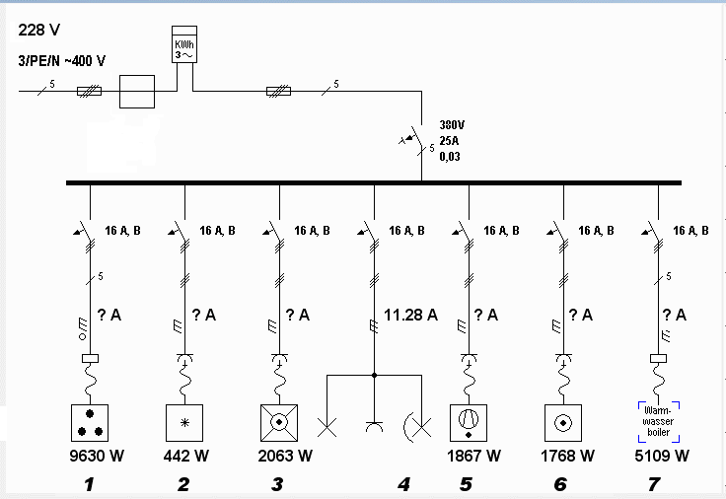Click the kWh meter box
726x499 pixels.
point(184,44)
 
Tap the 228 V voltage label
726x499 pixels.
point(38,31)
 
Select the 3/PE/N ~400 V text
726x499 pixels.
point(61,60)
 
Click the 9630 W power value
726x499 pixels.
point(97,456)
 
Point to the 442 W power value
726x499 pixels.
point(186,456)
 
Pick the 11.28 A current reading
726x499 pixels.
point(410,316)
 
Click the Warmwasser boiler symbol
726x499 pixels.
point(658,422)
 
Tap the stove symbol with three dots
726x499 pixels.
point(90,423)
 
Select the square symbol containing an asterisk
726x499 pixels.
point(184,423)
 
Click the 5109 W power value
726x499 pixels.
point(662,456)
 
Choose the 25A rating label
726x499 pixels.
point(449,141)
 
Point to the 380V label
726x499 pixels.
point(452,125)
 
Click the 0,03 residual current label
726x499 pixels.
point(450,157)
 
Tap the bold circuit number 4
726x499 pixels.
point(403,484)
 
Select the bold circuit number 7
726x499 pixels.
point(654,484)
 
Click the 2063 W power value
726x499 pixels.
point(285,456)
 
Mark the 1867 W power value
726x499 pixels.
point(473,456)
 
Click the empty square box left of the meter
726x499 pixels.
point(137,92)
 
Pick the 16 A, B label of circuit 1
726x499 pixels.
point(122,231)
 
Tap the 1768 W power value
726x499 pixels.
point(567,456)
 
